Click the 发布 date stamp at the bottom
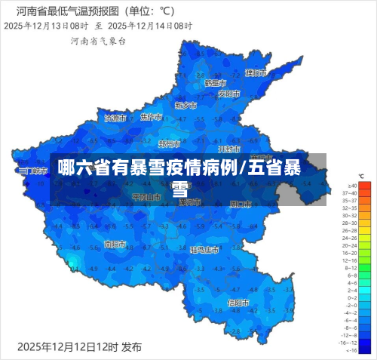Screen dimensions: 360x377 coord(79,346)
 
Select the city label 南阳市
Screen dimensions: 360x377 coord(116,245)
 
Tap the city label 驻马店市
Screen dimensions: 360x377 coord(204,249)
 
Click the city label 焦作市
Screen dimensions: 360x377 coord(152,117)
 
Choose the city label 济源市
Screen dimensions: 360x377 coord(115,118)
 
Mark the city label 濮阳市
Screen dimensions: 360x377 coord(256,73)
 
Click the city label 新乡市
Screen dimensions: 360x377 coord(185,106)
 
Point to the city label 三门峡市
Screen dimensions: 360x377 coord(32,171)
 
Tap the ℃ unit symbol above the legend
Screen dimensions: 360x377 coord(361,176)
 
